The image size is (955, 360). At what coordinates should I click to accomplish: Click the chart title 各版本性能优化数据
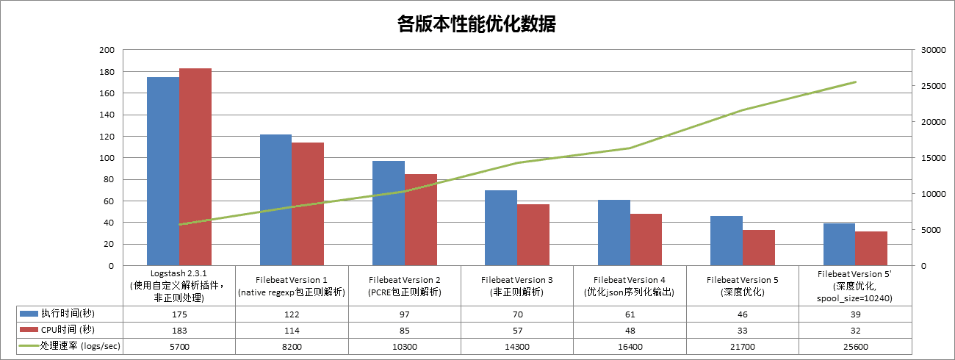476,24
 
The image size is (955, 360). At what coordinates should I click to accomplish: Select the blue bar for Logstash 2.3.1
163,171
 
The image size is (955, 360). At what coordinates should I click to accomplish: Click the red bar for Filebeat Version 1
308,204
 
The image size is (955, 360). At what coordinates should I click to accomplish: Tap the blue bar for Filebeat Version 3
501,228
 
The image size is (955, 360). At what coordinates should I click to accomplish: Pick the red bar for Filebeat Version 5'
871,248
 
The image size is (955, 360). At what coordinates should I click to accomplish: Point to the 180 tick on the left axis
107,72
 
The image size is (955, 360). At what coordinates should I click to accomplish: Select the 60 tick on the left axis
109,201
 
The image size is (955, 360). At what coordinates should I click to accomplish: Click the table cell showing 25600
855,345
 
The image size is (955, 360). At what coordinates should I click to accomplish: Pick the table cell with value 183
179,330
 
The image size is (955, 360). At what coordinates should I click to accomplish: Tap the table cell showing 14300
517,345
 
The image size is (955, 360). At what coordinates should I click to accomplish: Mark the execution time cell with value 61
630,314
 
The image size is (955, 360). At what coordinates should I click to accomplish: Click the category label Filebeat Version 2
405,280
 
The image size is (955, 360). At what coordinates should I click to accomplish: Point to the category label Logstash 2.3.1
179,273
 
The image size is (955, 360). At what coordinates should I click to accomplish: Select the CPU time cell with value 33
743,330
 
